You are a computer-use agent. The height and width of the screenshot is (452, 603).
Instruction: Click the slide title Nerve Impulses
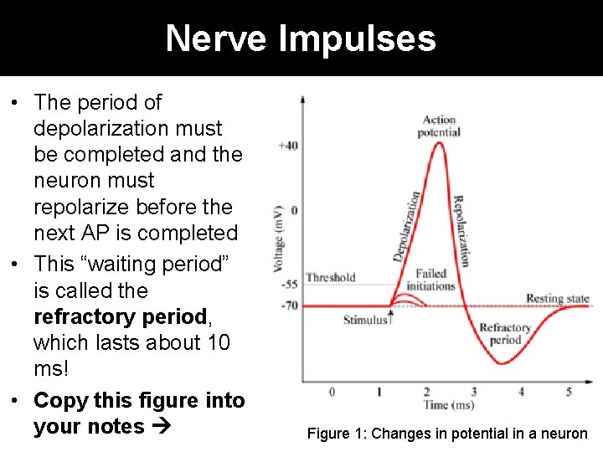point(301,38)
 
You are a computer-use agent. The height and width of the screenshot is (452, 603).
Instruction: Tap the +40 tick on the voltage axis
point(287,145)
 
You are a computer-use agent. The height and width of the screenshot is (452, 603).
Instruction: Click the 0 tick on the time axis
point(332,392)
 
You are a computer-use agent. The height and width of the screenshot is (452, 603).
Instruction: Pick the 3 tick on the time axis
point(474,392)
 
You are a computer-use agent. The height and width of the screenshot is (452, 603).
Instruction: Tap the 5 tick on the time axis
point(569,392)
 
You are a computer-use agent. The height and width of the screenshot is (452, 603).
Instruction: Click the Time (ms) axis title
point(449,405)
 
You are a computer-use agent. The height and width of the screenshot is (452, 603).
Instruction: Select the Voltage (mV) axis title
point(279,239)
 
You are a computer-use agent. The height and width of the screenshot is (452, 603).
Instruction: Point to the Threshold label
point(331,278)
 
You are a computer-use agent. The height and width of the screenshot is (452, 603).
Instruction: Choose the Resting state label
point(557,299)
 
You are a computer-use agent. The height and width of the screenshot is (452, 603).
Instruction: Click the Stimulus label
point(366,320)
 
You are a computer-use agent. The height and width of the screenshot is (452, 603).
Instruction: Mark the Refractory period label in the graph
point(505,334)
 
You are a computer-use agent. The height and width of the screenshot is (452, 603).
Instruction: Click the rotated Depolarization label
point(406,226)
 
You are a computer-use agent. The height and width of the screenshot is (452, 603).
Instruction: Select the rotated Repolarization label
point(461,230)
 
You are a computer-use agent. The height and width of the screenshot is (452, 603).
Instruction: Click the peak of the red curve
point(437,143)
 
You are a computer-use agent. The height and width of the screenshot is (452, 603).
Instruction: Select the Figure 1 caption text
point(447,434)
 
